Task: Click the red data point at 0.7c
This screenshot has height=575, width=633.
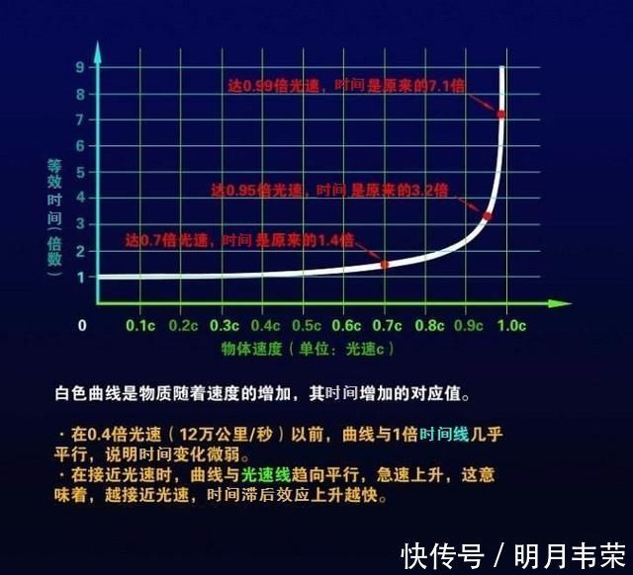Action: [x=385, y=264]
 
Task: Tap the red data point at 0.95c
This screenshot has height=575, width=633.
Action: [x=488, y=215]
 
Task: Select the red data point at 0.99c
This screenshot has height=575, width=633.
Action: [x=501, y=115]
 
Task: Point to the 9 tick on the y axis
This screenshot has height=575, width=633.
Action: [x=80, y=67]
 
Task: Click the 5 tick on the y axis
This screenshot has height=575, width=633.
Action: [x=80, y=172]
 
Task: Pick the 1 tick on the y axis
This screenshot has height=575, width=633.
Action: [x=80, y=277]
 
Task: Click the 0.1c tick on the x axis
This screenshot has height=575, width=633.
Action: [x=140, y=325]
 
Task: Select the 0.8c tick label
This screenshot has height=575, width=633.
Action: [x=428, y=325]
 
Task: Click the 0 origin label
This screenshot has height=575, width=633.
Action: [x=82, y=325]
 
